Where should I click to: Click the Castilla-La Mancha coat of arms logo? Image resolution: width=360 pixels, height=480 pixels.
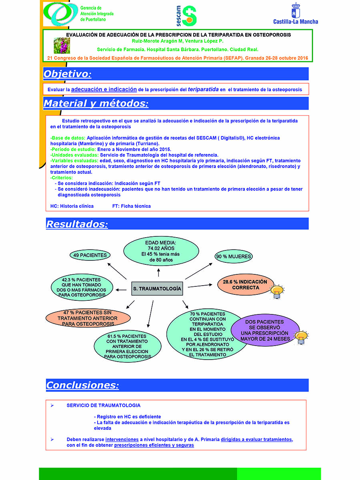point(296,10)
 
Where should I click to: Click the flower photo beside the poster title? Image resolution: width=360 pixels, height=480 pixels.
point(62,46)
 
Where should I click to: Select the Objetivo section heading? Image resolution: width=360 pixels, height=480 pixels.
point(67,74)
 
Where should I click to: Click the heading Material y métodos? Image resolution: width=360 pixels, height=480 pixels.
point(96,103)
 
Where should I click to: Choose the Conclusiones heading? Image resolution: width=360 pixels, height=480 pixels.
point(82,385)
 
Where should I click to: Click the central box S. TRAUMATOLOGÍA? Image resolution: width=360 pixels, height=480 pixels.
point(157,288)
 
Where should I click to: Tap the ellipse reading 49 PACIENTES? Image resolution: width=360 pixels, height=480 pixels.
point(90,255)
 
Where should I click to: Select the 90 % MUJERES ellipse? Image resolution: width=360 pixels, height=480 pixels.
point(233,256)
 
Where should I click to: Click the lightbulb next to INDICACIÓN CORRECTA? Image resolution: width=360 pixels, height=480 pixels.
point(277,292)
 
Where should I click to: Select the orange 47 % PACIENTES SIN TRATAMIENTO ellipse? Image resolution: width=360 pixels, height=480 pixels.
point(88,318)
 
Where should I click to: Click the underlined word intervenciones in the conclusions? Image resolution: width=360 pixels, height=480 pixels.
point(122,439)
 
